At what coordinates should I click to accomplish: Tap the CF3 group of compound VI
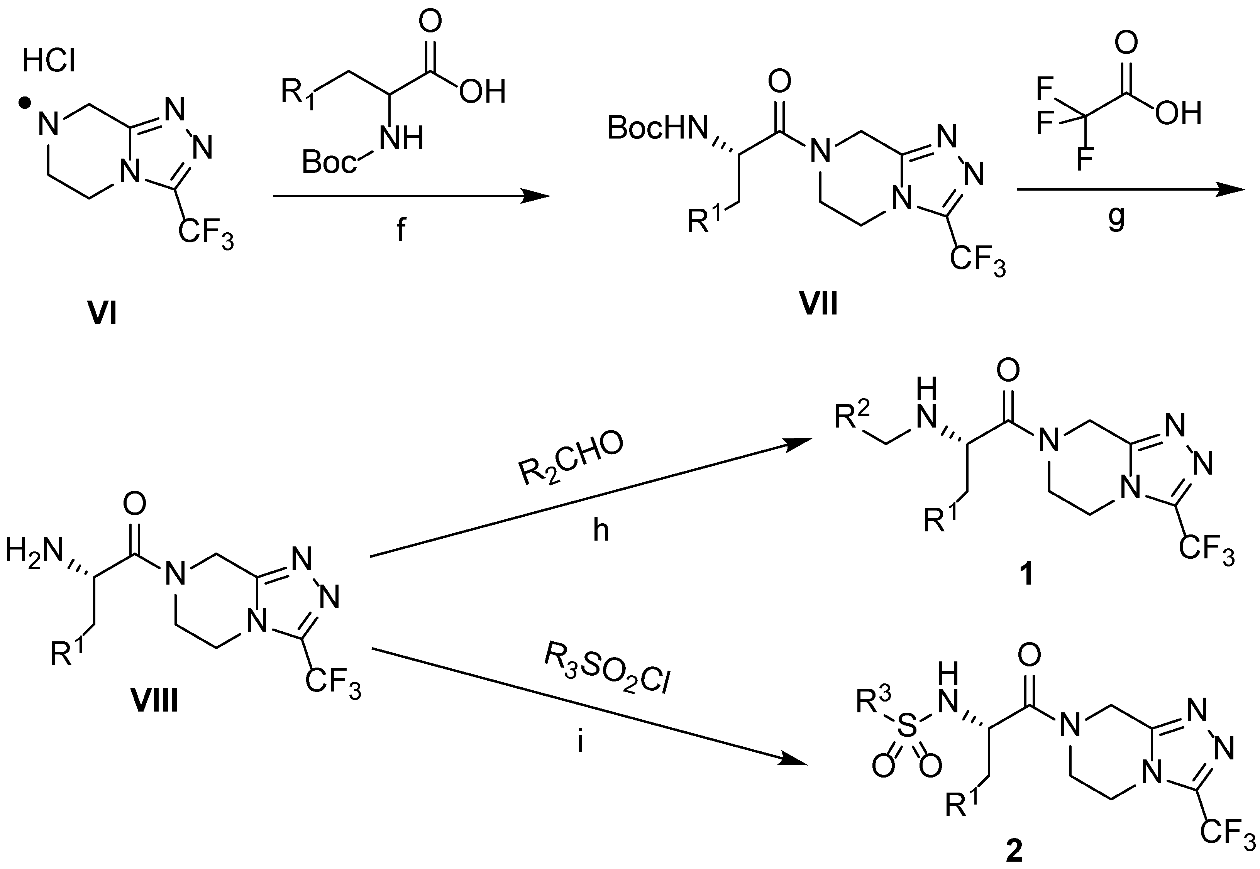pos(206,235)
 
